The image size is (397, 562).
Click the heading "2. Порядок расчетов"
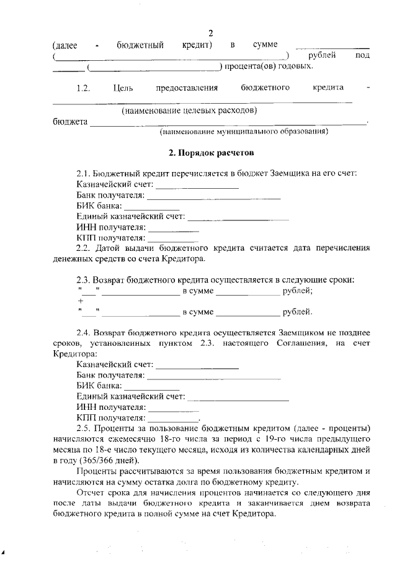[212, 152]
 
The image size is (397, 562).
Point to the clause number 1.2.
[84, 88]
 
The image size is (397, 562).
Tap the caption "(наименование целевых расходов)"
[189, 111]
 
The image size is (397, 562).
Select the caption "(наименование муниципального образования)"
[244, 132]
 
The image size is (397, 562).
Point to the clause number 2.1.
[84, 173]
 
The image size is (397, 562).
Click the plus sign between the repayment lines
[81, 301]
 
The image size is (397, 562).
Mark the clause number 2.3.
[84, 279]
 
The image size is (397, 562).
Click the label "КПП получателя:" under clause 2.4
[111, 417]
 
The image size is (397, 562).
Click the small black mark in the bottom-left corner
[3, 551]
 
